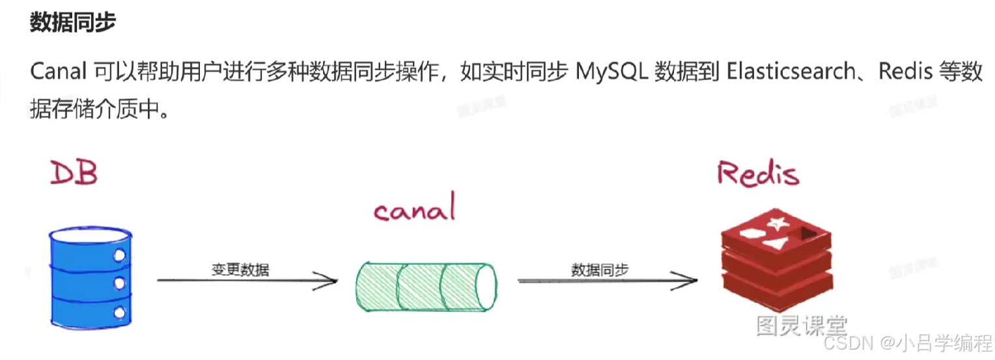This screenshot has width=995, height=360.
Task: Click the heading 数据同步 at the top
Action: (x=73, y=22)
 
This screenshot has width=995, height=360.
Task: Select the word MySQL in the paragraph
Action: (x=611, y=72)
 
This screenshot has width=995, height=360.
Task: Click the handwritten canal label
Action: (x=414, y=210)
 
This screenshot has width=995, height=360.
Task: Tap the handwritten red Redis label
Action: (x=757, y=173)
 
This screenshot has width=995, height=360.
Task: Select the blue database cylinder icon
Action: (x=91, y=276)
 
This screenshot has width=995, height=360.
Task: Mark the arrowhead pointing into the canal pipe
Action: (x=331, y=281)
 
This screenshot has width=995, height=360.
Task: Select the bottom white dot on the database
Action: (x=119, y=313)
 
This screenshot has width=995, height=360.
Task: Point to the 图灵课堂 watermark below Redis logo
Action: (x=802, y=325)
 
